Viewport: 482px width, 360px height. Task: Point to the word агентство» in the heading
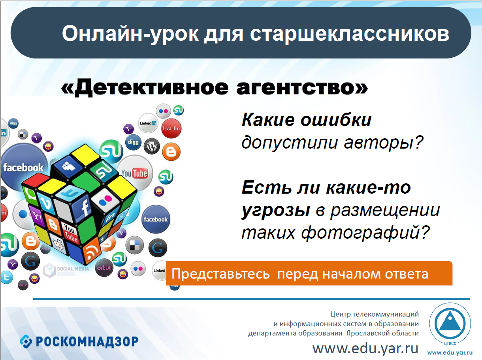point(302,88)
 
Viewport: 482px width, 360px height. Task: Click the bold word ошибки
point(336,120)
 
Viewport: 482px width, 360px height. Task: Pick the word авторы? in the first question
point(383,142)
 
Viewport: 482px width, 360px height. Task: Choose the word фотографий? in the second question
point(365,233)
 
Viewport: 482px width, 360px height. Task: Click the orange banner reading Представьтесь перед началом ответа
point(309,273)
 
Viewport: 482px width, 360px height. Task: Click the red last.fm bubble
point(171,128)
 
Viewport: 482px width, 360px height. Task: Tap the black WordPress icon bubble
point(152,146)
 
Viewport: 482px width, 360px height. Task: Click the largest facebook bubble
point(23,168)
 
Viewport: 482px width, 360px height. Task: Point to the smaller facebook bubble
point(156,219)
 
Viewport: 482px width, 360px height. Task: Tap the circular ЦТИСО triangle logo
point(450,324)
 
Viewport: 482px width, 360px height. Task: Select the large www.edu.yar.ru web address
point(365,348)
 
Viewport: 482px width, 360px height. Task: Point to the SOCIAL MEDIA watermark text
point(73,269)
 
